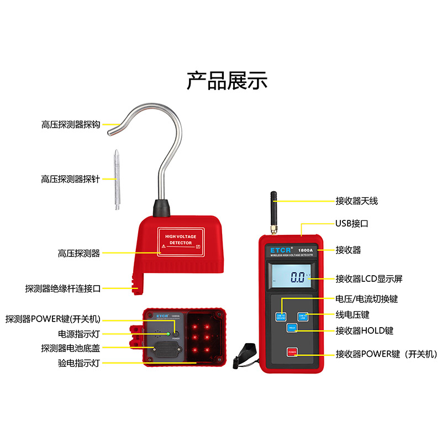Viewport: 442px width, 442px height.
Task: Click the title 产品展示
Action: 227,81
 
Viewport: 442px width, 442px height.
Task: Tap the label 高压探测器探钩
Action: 70,125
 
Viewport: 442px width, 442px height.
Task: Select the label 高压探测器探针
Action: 70,179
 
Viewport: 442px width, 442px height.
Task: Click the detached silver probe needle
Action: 117,180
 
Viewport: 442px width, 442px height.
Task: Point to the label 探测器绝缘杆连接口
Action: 63,288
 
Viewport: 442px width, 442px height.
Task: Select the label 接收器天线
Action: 356,201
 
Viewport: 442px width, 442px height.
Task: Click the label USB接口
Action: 351,224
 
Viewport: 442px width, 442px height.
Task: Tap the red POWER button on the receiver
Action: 292,352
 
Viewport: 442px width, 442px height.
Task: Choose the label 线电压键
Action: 352,314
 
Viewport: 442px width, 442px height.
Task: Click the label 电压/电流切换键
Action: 367,299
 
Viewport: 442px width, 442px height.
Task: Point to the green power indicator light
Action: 167,334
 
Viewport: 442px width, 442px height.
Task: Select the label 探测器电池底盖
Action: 70,348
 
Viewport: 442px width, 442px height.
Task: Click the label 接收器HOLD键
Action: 365,330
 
